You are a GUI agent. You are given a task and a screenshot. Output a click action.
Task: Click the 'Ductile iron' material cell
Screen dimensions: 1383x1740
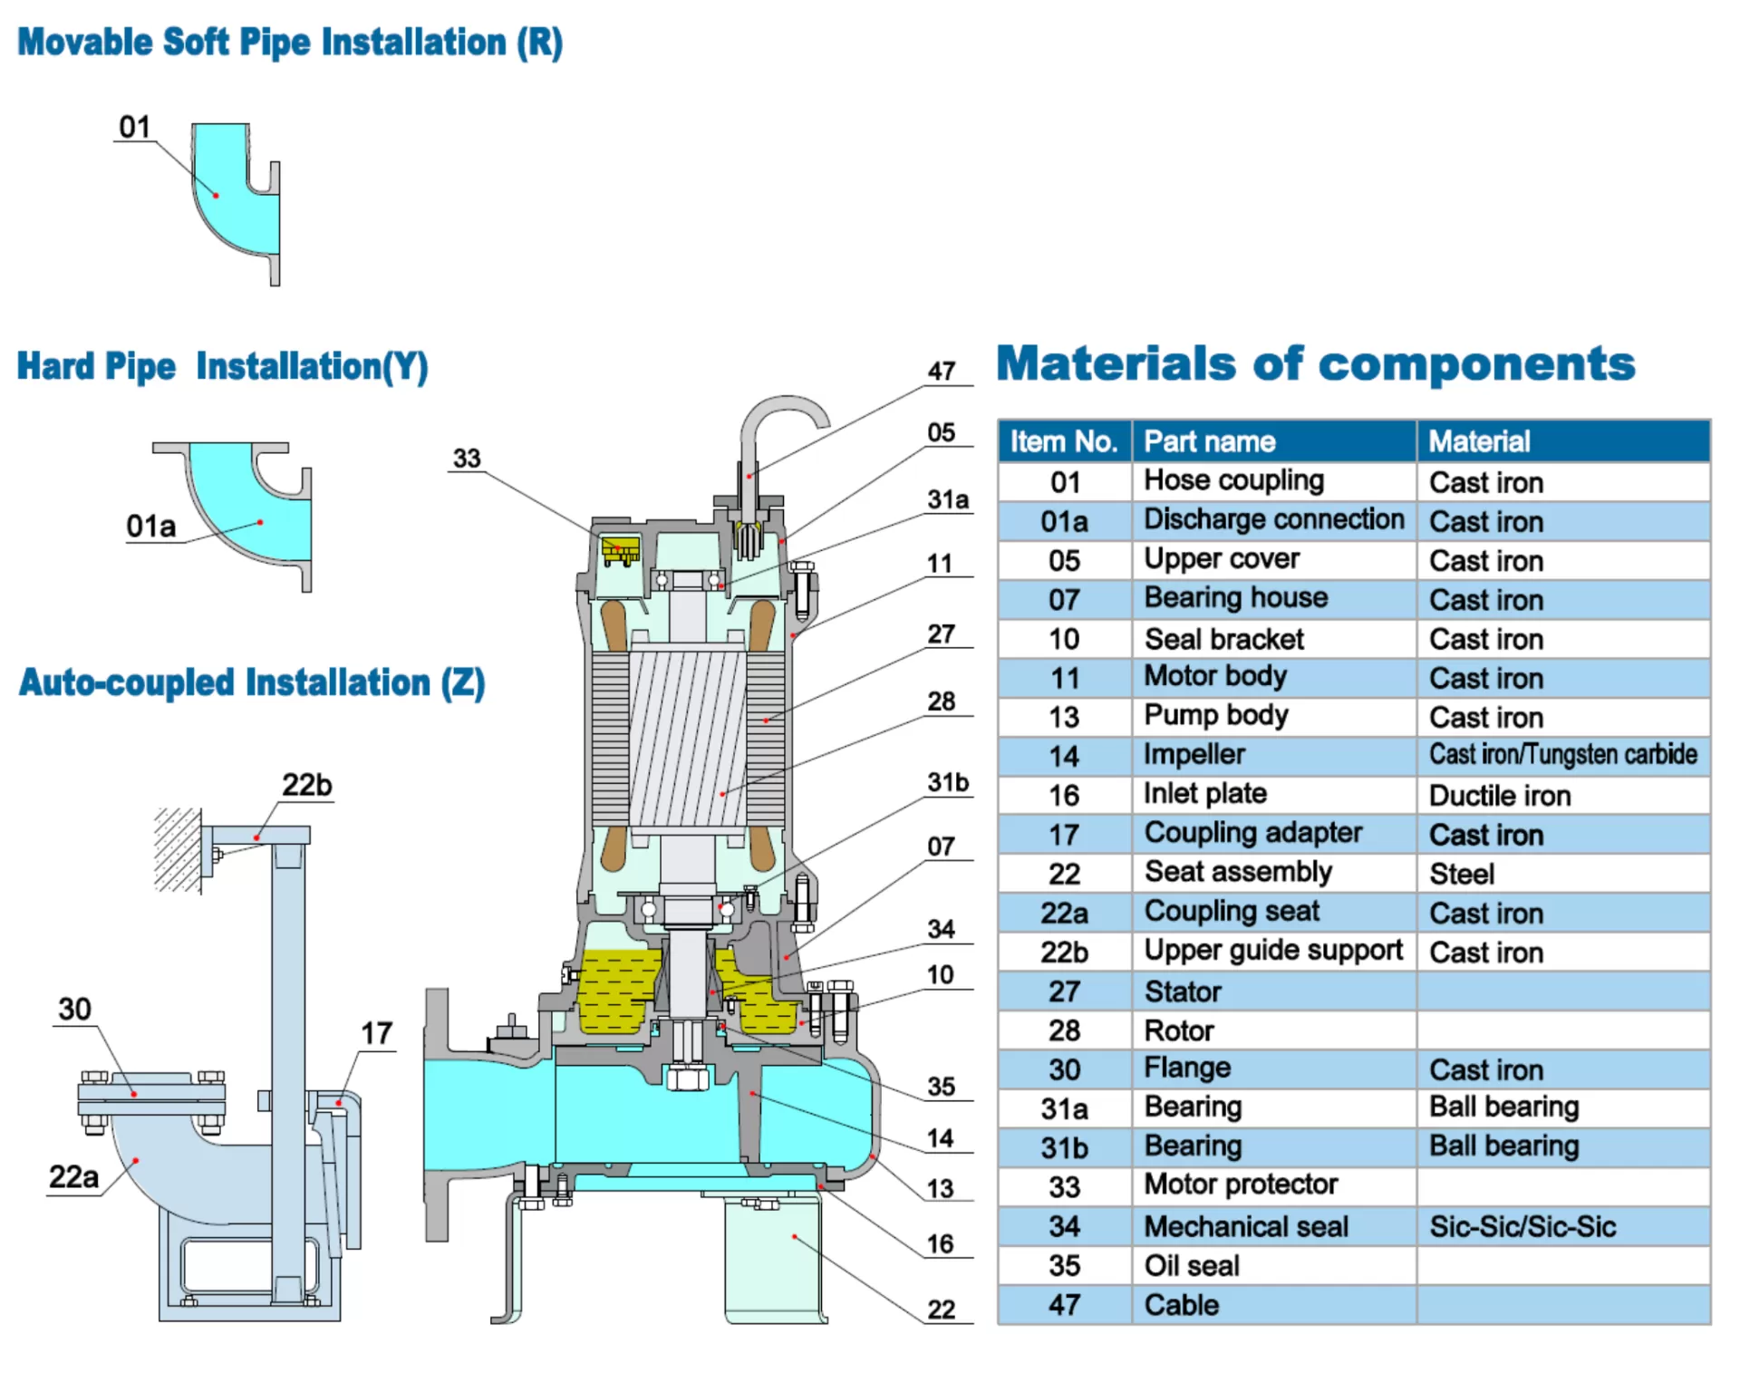[1499, 796]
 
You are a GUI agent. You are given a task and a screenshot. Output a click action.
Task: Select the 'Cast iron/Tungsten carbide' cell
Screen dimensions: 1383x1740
[1562, 755]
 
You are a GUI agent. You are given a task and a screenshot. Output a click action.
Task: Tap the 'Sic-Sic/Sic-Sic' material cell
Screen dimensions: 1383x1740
[1522, 1227]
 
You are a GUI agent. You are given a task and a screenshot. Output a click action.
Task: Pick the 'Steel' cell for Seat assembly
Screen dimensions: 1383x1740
[1462, 874]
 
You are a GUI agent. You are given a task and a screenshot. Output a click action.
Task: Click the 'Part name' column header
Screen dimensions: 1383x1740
[1209, 441]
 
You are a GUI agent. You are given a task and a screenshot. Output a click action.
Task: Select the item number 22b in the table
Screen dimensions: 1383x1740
[1064, 953]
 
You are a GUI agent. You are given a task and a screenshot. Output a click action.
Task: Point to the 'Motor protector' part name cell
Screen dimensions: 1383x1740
[1240, 1185]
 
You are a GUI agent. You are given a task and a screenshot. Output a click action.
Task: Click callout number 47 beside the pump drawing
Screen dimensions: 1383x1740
[942, 372]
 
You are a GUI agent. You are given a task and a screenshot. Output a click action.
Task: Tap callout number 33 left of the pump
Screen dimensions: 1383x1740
[467, 459]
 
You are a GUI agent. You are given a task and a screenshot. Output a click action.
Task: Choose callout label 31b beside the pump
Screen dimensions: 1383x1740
[947, 782]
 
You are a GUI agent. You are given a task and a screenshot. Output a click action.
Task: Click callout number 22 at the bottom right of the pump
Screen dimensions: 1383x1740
[941, 1310]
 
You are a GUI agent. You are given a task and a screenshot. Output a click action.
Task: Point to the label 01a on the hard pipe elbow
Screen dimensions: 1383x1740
[150, 527]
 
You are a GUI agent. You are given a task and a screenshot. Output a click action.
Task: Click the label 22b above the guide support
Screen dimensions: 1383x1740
[306, 785]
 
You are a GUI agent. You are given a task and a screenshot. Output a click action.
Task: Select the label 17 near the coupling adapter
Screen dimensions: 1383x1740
[376, 1033]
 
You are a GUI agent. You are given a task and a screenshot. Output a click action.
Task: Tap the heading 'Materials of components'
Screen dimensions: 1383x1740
[1315, 364]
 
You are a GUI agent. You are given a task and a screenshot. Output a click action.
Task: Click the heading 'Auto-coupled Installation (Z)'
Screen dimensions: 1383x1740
[252, 683]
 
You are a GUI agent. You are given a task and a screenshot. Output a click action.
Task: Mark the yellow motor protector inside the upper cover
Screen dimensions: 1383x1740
[620, 549]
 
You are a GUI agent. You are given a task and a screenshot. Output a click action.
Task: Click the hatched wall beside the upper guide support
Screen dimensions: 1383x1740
[177, 849]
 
